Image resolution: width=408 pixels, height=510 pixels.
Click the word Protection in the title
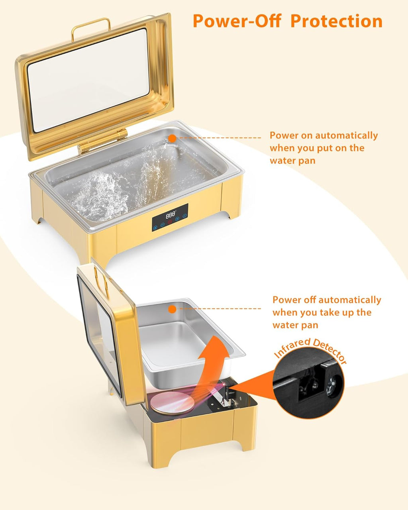point(336,21)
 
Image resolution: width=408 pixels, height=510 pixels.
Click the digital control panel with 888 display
point(170,217)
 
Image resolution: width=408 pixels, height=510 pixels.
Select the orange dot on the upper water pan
point(172,138)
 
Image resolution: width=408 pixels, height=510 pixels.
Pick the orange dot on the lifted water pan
point(172,309)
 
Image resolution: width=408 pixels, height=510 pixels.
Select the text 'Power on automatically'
point(324,135)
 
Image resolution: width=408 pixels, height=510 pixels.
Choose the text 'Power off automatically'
point(327,300)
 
